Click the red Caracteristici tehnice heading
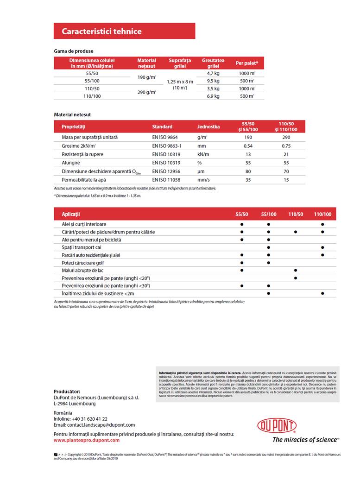tap(102, 32)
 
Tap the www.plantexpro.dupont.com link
tap(87, 440)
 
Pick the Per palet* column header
tap(247, 63)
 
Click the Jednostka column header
tap(208, 126)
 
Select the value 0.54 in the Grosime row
tap(248, 146)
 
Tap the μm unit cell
tap(201, 171)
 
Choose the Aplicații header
tap(71, 214)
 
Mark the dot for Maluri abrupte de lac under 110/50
tap(295, 270)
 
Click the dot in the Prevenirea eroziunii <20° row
tap(295, 278)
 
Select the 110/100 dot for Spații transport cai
tap(322, 247)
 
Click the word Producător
tap(67, 392)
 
